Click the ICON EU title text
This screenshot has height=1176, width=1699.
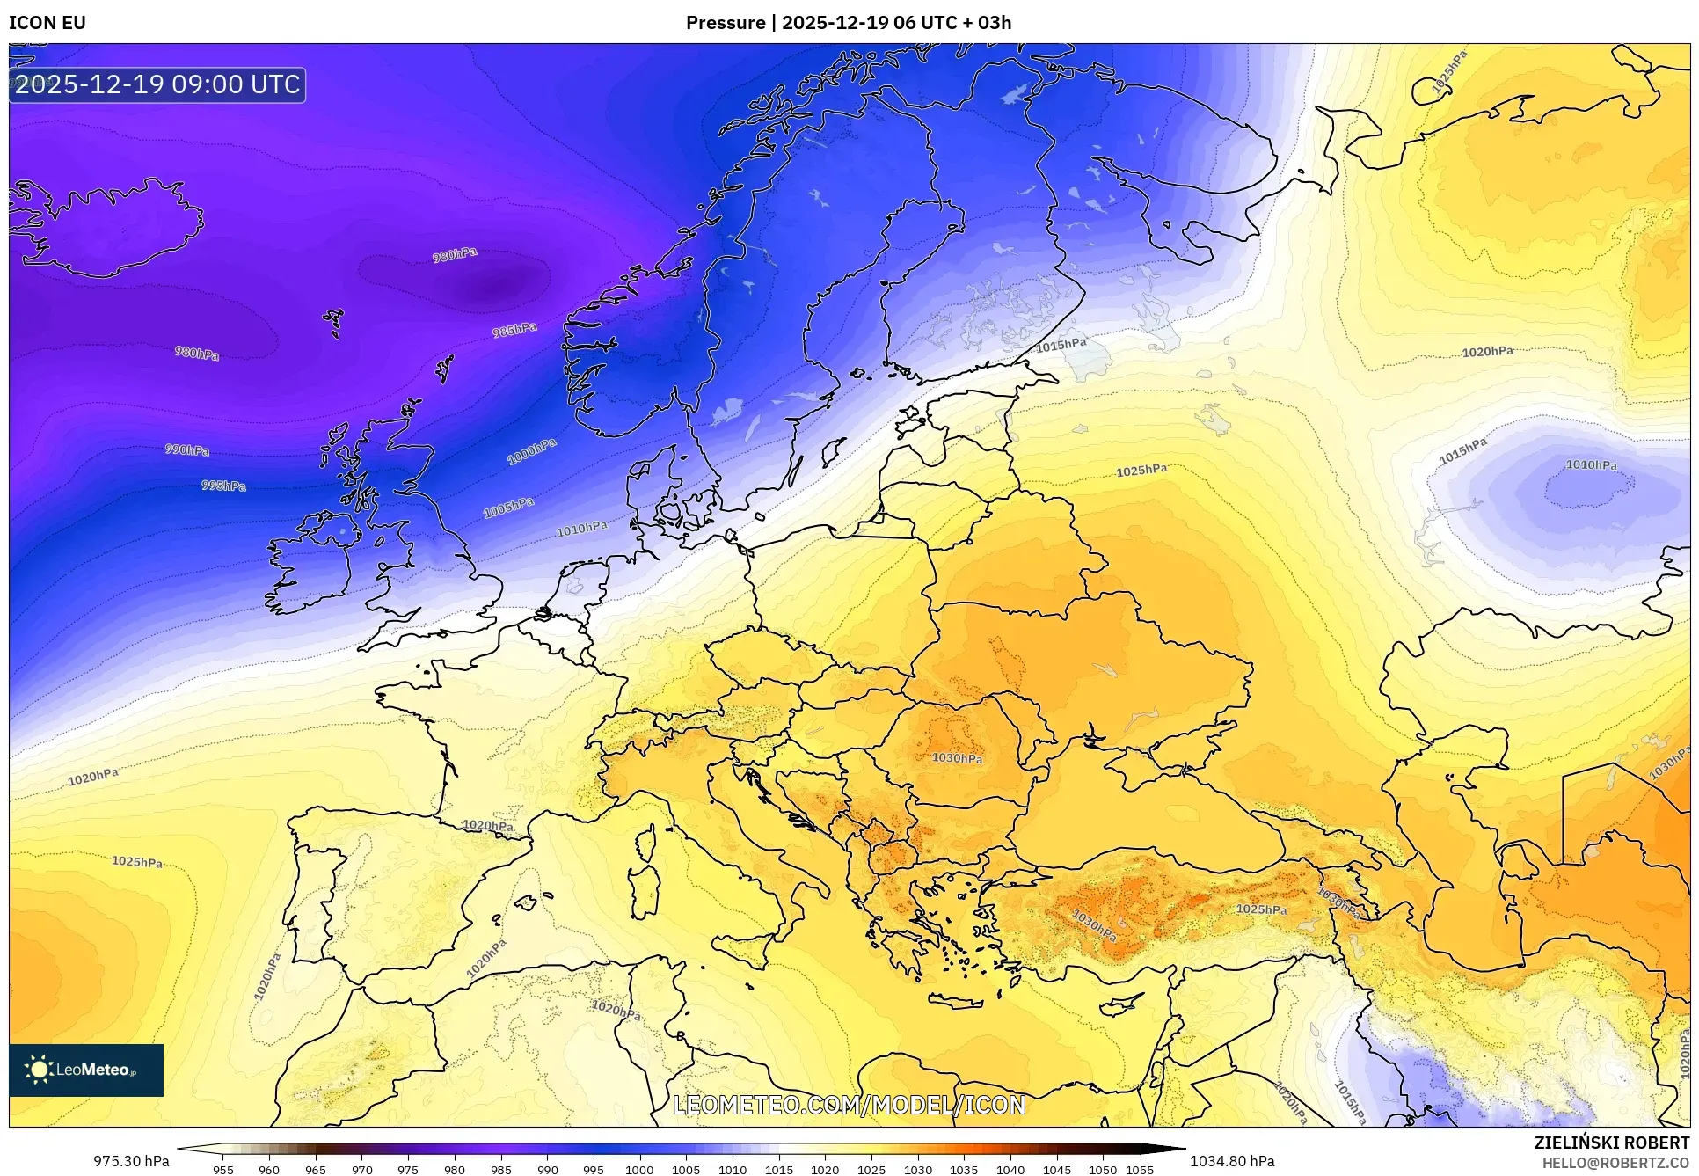[x=47, y=23]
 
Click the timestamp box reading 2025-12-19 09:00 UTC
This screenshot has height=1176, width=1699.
[x=158, y=84]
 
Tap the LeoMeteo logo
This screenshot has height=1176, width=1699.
[x=86, y=1070]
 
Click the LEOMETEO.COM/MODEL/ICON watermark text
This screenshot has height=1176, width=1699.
[x=849, y=1105]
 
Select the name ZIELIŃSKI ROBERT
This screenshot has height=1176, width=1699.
[x=1611, y=1143]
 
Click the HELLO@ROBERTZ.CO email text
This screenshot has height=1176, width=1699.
[x=1615, y=1163]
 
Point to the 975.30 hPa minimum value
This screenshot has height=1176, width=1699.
[x=131, y=1161]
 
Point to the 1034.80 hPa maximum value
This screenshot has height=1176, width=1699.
[x=1232, y=1161]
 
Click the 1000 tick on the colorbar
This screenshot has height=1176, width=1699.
[x=639, y=1169]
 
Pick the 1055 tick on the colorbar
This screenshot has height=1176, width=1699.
[x=1139, y=1169]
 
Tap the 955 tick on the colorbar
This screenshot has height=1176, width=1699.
[x=223, y=1169]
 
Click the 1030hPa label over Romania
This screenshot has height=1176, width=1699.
[x=957, y=757]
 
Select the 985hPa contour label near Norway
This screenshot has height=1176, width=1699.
[x=514, y=330]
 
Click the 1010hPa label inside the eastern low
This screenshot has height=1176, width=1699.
[x=1591, y=464]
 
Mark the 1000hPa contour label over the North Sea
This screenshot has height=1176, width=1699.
[x=532, y=452]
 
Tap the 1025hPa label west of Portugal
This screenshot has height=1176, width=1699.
[x=137, y=862]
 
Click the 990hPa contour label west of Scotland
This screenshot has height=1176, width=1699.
[x=187, y=449]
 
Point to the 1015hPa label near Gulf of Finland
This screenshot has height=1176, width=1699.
[x=1061, y=345]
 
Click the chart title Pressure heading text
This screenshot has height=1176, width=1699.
[x=848, y=23]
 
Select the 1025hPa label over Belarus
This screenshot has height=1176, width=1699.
[x=1141, y=471]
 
